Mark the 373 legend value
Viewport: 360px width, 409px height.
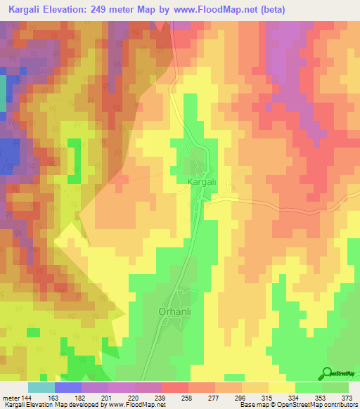click(346, 397)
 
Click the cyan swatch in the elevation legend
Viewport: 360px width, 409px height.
click(41, 387)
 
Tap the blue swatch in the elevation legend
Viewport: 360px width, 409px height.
click(68, 387)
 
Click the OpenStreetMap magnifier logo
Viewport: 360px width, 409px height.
click(326, 373)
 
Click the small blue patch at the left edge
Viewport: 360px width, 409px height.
click(9, 155)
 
